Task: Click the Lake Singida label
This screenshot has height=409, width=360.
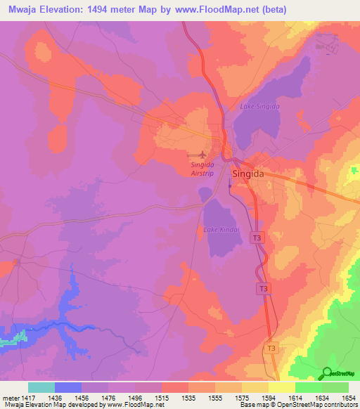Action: [x=260, y=106]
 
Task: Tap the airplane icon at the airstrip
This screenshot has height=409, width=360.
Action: [x=204, y=154]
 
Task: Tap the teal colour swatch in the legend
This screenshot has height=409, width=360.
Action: [x=41, y=387]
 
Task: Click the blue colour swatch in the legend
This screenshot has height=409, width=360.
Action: [x=68, y=387]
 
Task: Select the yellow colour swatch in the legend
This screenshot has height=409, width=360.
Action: [x=282, y=387]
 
